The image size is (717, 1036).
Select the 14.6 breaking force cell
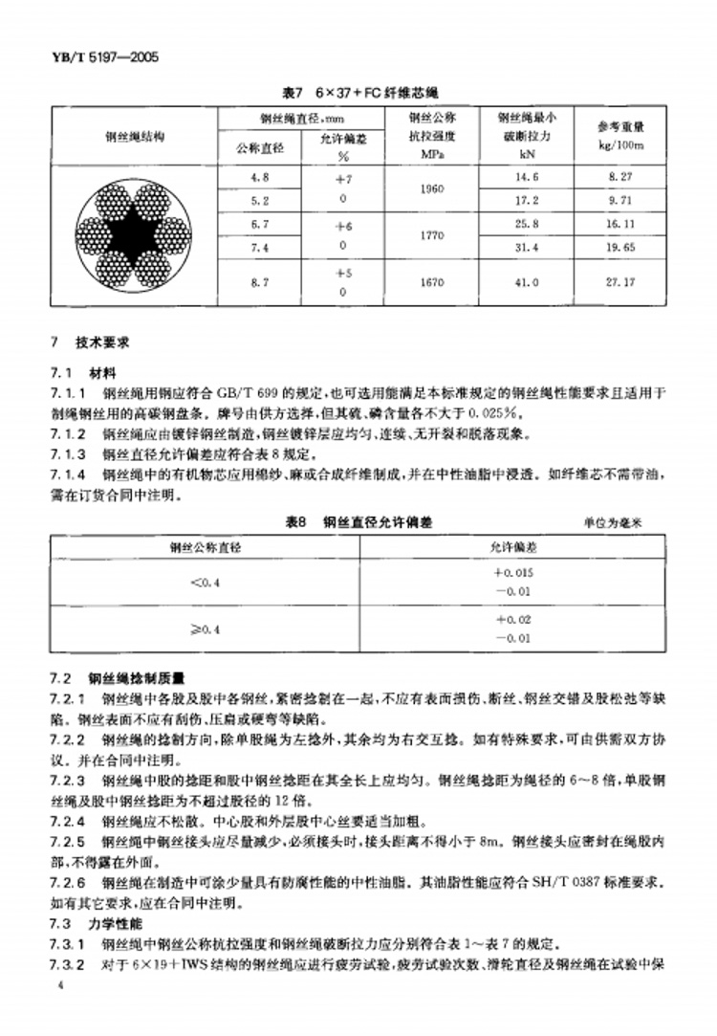[527, 178]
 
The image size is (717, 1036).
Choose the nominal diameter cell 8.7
[260, 283]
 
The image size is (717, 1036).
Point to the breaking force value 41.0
[527, 283]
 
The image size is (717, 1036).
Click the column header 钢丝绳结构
[134, 137]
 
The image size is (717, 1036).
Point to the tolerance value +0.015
[512, 572]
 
